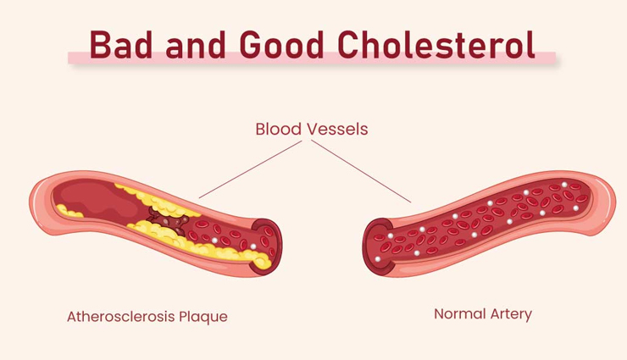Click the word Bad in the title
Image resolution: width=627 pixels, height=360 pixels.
click(121, 44)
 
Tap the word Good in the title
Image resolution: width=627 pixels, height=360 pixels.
click(281, 44)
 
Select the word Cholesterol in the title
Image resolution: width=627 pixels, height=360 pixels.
click(436, 44)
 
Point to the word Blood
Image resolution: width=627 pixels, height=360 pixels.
click(278, 129)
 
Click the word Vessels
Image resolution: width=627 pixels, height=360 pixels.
click(337, 129)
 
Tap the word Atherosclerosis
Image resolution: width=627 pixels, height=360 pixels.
click(120, 317)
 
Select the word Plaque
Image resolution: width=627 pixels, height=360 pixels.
click(203, 318)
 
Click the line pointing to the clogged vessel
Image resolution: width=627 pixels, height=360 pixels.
click(250, 169)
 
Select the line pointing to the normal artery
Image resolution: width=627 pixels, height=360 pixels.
click(361, 171)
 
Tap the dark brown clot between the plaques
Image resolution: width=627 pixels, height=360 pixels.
click(166, 221)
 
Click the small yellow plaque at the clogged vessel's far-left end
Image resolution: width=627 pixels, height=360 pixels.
click(68, 211)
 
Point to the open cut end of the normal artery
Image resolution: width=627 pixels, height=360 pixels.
click(378, 247)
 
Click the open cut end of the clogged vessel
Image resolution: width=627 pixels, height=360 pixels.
click(268, 247)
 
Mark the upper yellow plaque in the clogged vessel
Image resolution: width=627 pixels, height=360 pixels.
click(157, 201)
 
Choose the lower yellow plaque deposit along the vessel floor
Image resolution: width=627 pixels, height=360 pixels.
click(200, 245)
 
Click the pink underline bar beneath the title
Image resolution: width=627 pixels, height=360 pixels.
click(312, 58)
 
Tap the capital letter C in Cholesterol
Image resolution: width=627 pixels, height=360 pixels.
click(350, 44)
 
